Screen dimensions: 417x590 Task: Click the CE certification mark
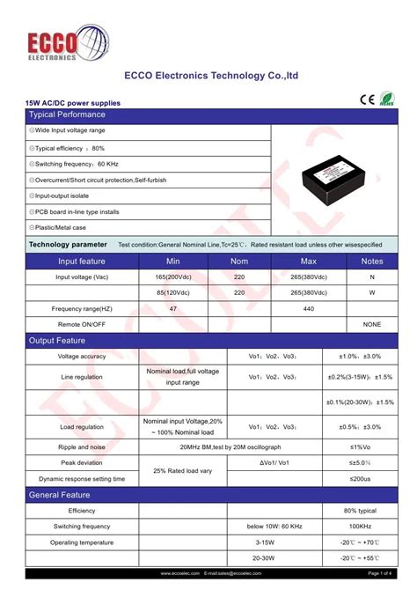tap(367, 99)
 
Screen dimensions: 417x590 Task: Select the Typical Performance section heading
tap(67, 114)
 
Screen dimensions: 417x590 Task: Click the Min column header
tap(172, 262)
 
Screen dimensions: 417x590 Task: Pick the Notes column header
tap(372, 262)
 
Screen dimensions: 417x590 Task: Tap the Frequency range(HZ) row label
tap(82, 308)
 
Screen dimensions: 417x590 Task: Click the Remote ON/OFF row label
tap(82, 324)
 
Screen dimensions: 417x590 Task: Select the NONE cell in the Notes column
tap(372, 324)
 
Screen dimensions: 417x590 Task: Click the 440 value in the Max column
tap(309, 308)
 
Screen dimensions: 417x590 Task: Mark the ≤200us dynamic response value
tap(360, 478)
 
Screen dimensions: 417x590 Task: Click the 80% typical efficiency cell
tap(360, 511)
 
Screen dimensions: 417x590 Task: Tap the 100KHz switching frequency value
tap(360, 527)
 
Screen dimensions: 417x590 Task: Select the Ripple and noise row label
tap(82, 446)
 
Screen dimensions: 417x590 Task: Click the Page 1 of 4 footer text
tap(379, 573)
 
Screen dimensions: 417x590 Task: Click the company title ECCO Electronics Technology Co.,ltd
tap(211, 76)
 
